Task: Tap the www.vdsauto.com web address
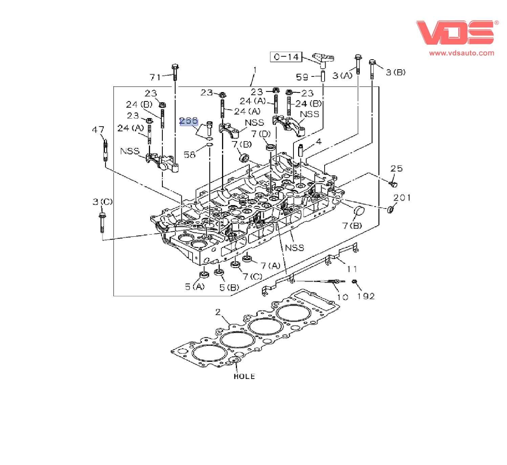click(461, 53)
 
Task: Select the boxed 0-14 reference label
click(286, 57)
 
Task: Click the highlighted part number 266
click(189, 121)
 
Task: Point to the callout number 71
click(155, 77)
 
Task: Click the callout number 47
click(98, 130)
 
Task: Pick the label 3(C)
click(103, 202)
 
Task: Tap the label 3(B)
click(396, 72)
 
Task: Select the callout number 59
click(302, 77)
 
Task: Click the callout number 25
click(396, 169)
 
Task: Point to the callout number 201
click(402, 198)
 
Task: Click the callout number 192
click(366, 296)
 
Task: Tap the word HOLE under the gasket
click(244, 376)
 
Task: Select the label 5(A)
click(195, 287)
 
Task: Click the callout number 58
click(190, 155)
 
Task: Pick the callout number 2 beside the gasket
click(218, 312)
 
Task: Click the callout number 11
click(352, 269)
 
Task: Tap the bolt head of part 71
click(175, 67)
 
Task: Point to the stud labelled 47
click(106, 151)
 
